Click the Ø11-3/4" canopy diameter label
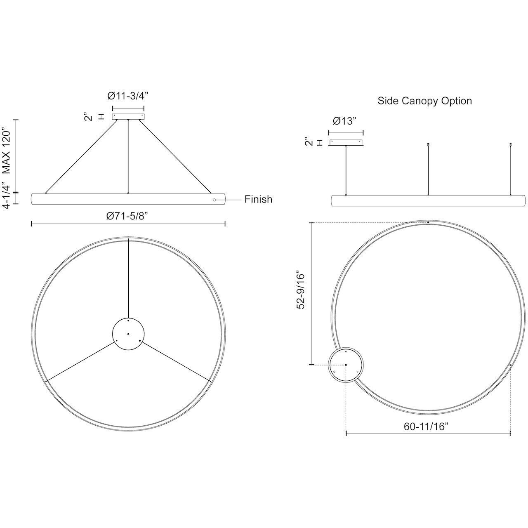128,96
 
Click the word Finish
258,199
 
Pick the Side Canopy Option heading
424,101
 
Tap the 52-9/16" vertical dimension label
301,290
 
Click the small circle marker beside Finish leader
214,200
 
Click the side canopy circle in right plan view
346,365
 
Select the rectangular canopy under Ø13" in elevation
346,143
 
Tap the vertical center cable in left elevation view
128,157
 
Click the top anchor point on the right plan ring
428,223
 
